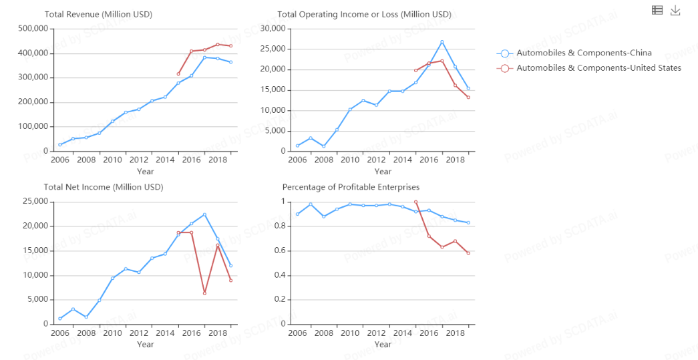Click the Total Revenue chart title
[x=98, y=14]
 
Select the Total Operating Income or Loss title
[x=364, y=14]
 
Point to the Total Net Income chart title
[x=104, y=187]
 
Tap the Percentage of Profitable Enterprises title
[x=351, y=187]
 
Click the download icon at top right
[x=675, y=10]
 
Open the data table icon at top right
[x=657, y=10]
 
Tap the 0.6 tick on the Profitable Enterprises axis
[x=279, y=250]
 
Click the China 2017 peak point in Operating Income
[x=442, y=42]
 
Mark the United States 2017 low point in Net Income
[x=204, y=293]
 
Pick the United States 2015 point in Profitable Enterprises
[x=415, y=202]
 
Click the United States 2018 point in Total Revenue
[x=218, y=44]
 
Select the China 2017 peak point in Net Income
[x=204, y=214]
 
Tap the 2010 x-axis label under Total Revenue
[x=112, y=160]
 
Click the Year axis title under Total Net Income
[x=145, y=345]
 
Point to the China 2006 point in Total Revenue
[x=60, y=145]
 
